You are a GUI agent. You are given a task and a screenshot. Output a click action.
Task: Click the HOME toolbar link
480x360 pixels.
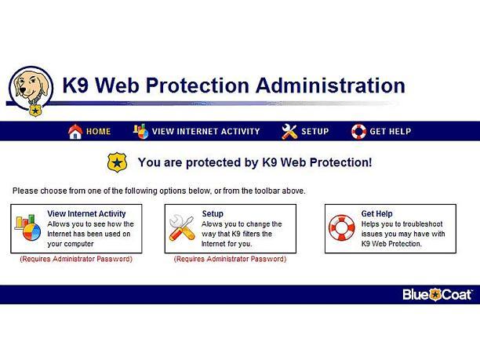[x=98, y=132]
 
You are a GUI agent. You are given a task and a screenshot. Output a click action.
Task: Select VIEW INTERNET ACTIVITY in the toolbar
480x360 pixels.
[x=205, y=132]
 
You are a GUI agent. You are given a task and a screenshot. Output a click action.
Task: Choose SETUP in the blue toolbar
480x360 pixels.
[x=315, y=132]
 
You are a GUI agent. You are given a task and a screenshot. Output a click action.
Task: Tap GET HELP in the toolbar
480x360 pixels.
[x=391, y=132]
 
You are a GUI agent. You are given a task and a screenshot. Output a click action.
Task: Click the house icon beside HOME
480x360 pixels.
[x=75, y=132]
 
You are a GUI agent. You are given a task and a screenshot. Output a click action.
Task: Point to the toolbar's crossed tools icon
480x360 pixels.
[x=289, y=132]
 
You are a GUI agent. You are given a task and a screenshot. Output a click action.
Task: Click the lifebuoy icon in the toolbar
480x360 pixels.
[x=358, y=132]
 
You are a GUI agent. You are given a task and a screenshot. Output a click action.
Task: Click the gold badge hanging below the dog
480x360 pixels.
[x=35, y=111]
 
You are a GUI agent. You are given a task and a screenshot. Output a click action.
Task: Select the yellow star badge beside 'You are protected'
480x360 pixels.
[x=117, y=162]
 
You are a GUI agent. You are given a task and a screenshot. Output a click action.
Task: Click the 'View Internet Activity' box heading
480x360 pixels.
[x=86, y=213]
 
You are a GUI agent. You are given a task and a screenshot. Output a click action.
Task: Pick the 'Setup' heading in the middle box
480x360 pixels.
[x=213, y=213]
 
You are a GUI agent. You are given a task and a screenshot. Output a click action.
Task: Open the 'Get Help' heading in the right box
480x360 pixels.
[x=376, y=213]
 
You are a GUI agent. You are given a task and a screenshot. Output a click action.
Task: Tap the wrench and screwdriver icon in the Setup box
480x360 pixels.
[x=182, y=228]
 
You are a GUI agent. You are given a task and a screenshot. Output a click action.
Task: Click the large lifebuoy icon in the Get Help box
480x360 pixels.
[x=342, y=228]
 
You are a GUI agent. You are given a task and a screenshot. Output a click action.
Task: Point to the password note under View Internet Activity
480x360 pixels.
[x=76, y=259]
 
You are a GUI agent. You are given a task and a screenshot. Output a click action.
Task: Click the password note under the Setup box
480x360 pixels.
[x=231, y=259]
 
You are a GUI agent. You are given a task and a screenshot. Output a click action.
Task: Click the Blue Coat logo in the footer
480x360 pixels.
[x=437, y=295]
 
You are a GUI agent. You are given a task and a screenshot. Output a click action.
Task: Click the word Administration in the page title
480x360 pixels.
[x=331, y=85]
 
